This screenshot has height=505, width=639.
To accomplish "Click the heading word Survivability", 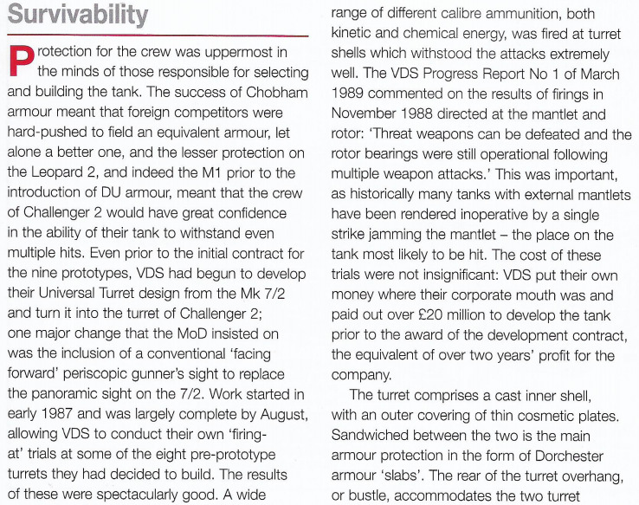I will (x=77, y=15).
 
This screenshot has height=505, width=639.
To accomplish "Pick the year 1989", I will (x=356, y=95).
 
